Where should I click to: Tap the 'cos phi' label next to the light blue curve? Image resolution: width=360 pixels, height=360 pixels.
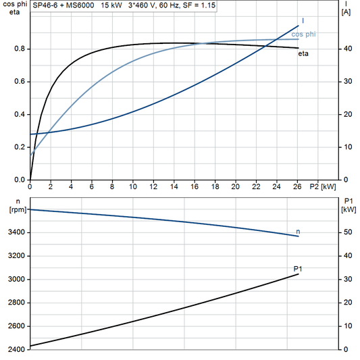tap(303, 33)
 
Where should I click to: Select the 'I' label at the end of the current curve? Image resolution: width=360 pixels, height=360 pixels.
tap(302, 21)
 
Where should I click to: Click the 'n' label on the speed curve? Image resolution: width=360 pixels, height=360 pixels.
tap(299, 232)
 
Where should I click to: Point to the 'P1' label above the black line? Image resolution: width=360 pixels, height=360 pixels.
tap(298, 269)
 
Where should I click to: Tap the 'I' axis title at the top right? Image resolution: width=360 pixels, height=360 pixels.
tap(346, 4)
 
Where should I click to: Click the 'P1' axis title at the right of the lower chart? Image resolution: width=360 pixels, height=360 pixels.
tap(348, 201)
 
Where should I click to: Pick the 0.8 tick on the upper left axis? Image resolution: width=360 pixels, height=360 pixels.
tap(20, 49)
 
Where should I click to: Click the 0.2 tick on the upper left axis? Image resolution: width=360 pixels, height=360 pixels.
tap(20, 147)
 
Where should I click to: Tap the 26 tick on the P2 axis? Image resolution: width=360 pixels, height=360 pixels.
tap(297, 186)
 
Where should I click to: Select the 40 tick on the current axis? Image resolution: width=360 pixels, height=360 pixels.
tap(346, 49)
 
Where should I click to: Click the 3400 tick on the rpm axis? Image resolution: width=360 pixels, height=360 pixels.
tap(16, 232)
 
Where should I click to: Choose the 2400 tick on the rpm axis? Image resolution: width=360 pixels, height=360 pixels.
tap(16, 349)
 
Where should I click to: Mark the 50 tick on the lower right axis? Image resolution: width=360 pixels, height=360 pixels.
tap(346, 232)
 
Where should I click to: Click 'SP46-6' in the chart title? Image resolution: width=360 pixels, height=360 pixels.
tap(45, 5)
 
